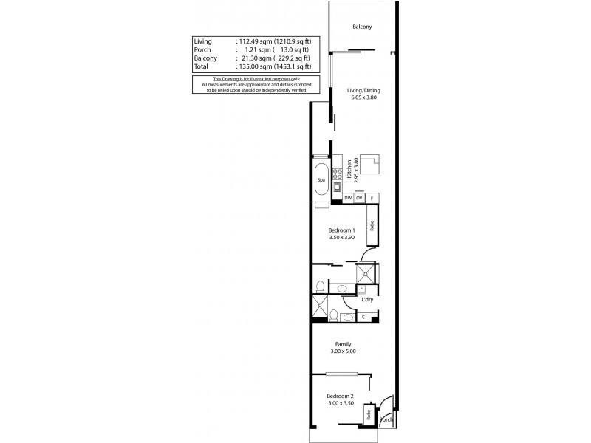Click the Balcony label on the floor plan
(x=362, y=27)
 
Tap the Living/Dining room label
(x=363, y=91)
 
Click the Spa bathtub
(x=321, y=180)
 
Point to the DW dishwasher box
(x=348, y=198)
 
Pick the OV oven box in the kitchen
(x=359, y=198)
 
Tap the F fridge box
(x=372, y=198)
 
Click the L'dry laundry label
(x=366, y=300)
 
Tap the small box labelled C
(x=363, y=317)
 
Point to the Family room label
(x=344, y=344)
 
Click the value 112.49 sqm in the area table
(x=253, y=41)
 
